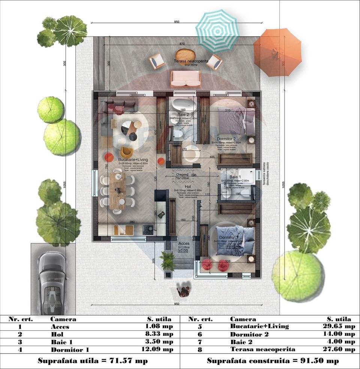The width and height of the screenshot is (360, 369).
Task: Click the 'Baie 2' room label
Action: click(x=178, y=114)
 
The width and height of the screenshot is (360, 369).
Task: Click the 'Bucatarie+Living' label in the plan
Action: click(x=133, y=160)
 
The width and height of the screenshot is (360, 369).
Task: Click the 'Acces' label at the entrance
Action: click(x=184, y=243)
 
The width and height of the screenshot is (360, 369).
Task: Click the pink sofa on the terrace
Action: click(x=186, y=78)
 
